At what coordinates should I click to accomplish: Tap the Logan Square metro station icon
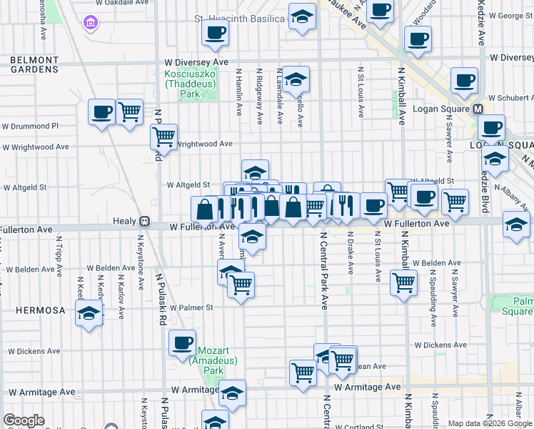[x=478, y=109]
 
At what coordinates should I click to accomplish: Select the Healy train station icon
[x=144, y=222]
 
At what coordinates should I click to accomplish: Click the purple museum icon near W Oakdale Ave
[x=91, y=24]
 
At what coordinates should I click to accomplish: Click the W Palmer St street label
[x=189, y=308]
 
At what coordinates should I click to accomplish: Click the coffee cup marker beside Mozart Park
[x=183, y=342]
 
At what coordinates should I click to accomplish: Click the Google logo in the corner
[x=23, y=420]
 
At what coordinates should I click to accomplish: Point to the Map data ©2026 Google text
[x=490, y=423]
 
